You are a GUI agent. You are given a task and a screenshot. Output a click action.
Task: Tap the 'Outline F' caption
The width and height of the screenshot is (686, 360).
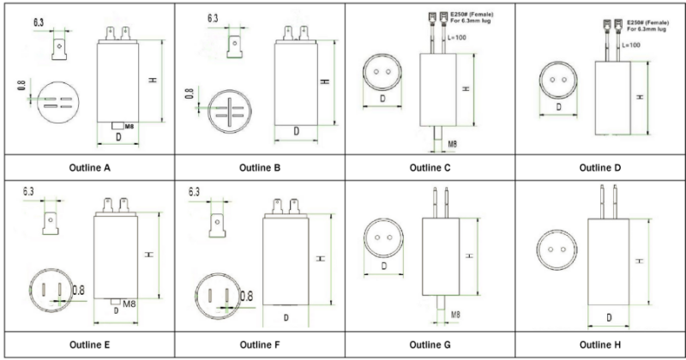coord(260,345)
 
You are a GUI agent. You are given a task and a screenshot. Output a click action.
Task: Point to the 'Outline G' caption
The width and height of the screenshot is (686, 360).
coord(430,345)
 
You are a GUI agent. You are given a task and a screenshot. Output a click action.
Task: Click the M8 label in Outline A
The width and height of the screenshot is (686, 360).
coord(129,127)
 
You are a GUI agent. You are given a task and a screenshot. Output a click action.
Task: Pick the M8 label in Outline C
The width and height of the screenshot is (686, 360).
coord(452,143)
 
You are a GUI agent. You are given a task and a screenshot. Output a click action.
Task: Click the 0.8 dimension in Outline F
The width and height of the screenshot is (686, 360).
coord(247,296)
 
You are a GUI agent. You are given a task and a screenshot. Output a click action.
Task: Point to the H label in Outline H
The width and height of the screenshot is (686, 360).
coord(641,261)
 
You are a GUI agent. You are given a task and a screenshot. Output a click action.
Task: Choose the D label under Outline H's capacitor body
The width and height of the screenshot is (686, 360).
coord(608,318)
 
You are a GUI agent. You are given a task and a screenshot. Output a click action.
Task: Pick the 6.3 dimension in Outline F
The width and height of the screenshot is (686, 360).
coord(195,189)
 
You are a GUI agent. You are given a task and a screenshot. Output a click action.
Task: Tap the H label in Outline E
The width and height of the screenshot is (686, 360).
coord(151,255)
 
